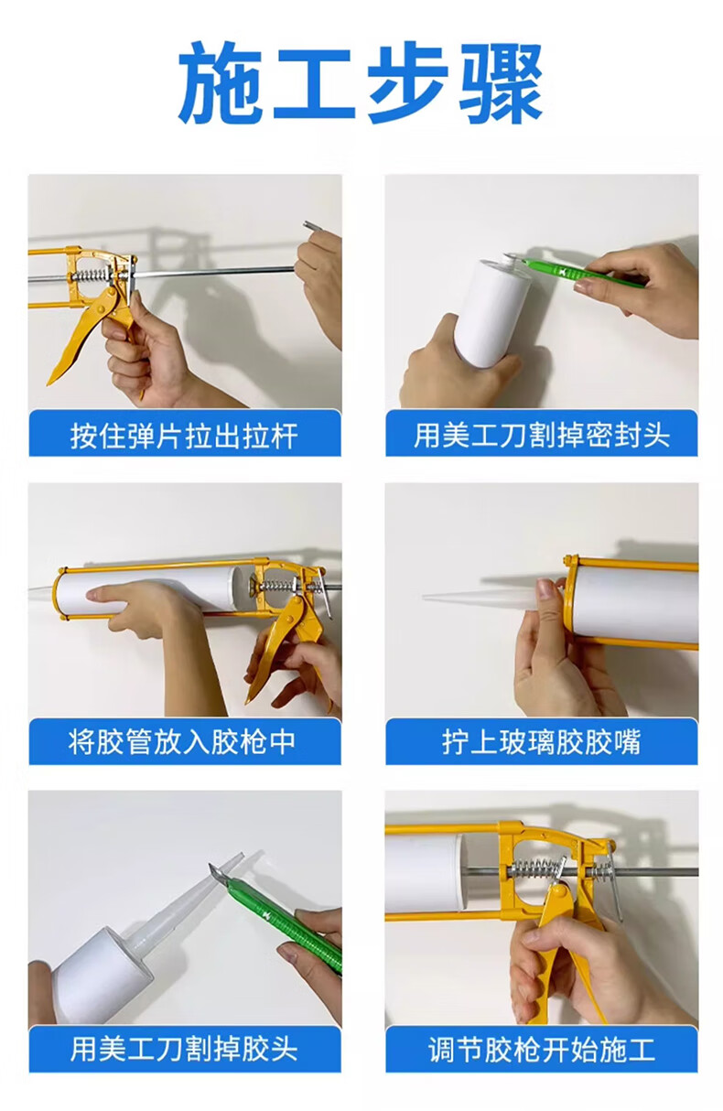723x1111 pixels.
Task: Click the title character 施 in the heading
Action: [x=221, y=83]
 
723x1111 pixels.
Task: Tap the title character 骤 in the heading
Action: [x=501, y=83]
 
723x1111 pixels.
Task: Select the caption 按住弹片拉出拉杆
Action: [x=185, y=437]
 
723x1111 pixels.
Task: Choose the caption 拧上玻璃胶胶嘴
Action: [x=542, y=741]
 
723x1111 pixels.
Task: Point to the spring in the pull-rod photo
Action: [x=91, y=275]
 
